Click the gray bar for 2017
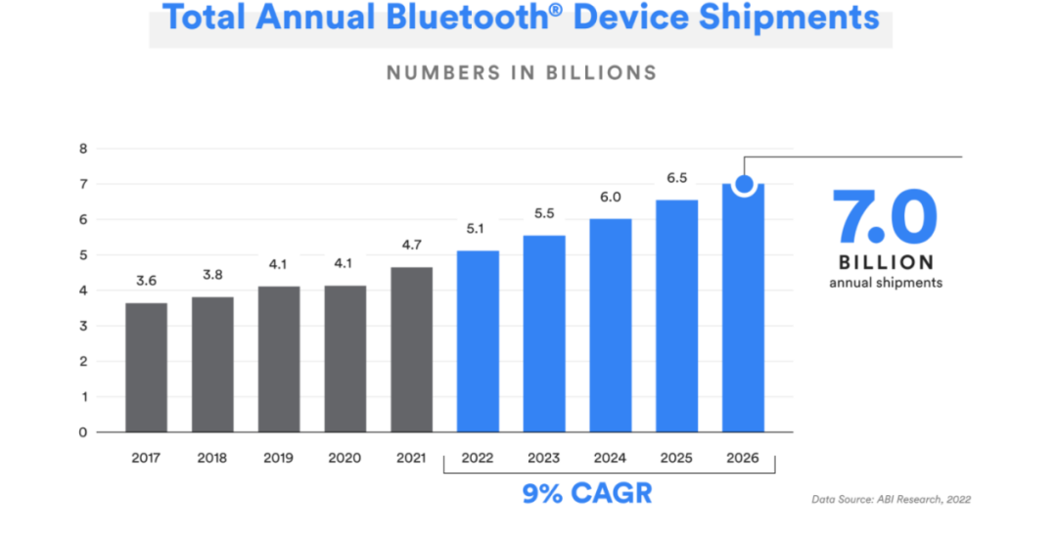[x=146, y=367]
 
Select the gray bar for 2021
[x=411, y=349]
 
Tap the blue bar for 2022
[x=478, y=341]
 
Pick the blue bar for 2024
[x=611, y=325]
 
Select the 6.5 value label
[x=676, y=178]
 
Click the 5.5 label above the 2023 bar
[x=544, y=213]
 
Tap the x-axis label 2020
[x=345, y=457]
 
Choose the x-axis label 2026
[x=742, y=457]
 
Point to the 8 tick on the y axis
[x=83, y=149]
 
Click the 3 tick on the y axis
[x=83, y=326]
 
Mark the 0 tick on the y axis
[x=83, y=431]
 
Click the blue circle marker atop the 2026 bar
[x=743, y=184]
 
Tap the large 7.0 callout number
[x=885, y=217]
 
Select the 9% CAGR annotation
[x=586, y=492]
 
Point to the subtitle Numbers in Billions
[x=522, y=72]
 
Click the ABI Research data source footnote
[x=891, y=500]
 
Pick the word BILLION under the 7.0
[x=886, y=262]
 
